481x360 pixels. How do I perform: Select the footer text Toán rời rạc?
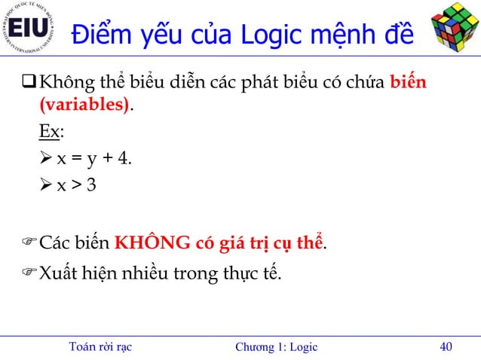100,346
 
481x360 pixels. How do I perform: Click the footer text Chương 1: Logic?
276,346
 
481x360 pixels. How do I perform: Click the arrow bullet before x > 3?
46,185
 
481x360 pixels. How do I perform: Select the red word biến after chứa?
408,81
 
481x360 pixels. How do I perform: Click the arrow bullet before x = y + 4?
46,159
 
